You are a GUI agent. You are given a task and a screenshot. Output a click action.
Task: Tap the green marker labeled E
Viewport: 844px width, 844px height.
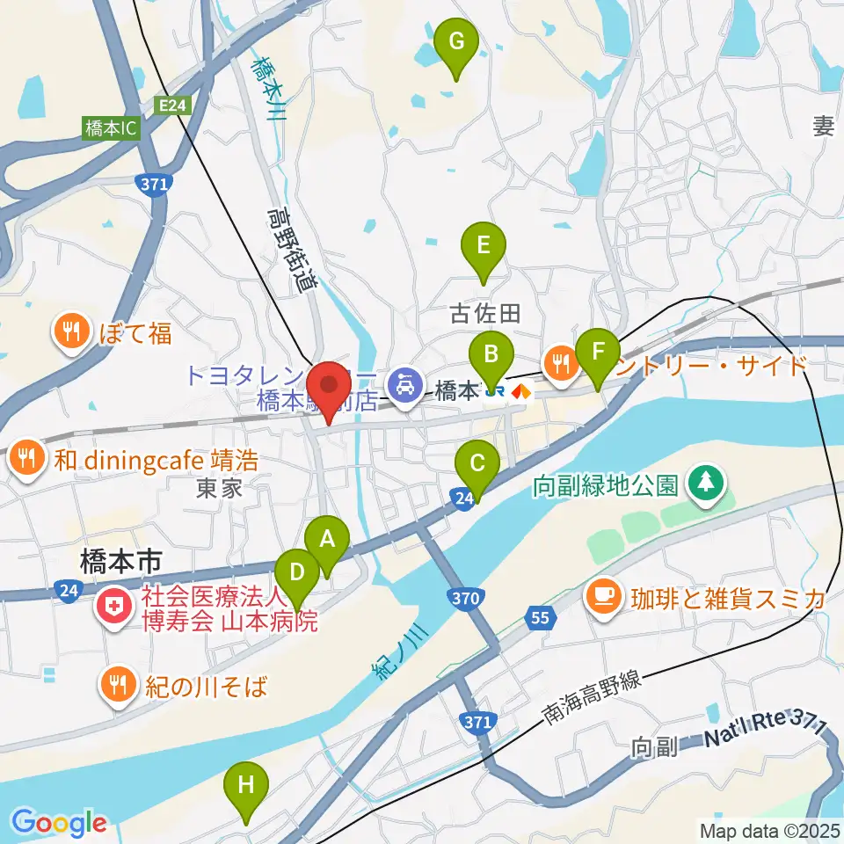click(483, 245)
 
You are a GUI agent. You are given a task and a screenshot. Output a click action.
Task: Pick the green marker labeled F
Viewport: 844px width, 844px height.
click(599, 353)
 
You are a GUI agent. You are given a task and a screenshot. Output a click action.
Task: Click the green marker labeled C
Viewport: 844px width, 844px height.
click(477, 462)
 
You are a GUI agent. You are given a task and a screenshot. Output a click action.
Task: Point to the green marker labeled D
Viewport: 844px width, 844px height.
click(298, 573)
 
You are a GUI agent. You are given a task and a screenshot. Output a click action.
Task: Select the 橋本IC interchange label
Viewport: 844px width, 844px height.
click(112, 128)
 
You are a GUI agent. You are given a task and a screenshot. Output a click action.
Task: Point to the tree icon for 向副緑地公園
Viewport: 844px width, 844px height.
click(705, 483)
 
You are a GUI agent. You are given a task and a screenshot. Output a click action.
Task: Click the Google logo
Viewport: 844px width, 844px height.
click(59, 823)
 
